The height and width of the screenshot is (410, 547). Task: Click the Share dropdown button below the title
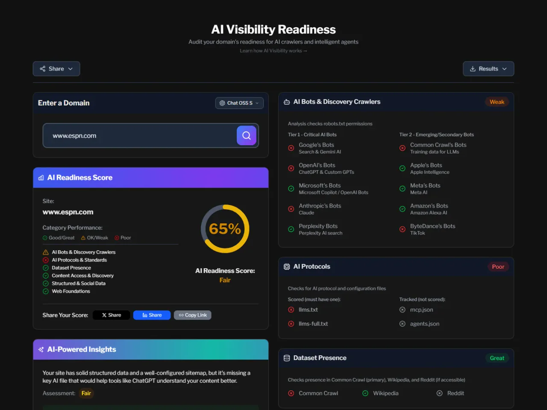pyautogui.click(x=56, y=69)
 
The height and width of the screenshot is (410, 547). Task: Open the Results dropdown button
pyautogui.click(x=488, y=69)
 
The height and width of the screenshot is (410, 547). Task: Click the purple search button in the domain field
pyautogui.click(x=247, y=135)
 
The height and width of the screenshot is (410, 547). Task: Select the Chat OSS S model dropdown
pyautogui.click(x=239, y=103)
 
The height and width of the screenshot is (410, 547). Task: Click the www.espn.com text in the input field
pyautogui.click(x=74, y=136)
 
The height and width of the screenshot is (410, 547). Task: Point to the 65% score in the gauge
pyautogui.click(x=225, y=229)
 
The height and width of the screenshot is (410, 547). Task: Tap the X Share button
pyautogui.click(x=111, y=315)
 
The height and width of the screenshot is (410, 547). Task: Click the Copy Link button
pyautogui.click(x=193, y=315)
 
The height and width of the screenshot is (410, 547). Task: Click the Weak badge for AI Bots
pyautogui.click(x=497, y=102)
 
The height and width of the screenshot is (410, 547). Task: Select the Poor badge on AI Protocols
pyautogui.click(x=498, y=267)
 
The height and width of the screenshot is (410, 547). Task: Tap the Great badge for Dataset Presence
pyautogui.click(x=497, y=358)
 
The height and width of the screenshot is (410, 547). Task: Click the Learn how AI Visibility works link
pyautogui.click(x=273, y=51)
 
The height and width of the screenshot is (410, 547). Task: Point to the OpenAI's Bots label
pyautogui.click(x=317, y=165)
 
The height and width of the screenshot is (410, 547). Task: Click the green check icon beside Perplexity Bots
pyautogui.click(x=291, y=229)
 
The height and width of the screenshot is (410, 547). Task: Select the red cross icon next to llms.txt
pyautogui.click(x=291, y=310)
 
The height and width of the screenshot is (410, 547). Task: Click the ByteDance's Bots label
pyautogui.click(x=432, y=226)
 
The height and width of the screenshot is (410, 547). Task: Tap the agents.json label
pyautogui.click(x=424, y=324)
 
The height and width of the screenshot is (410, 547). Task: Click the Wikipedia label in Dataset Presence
pyautogui.click(x=385, y=393)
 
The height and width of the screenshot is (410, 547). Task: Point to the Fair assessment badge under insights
pyautogui.click(x=86, y=393)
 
